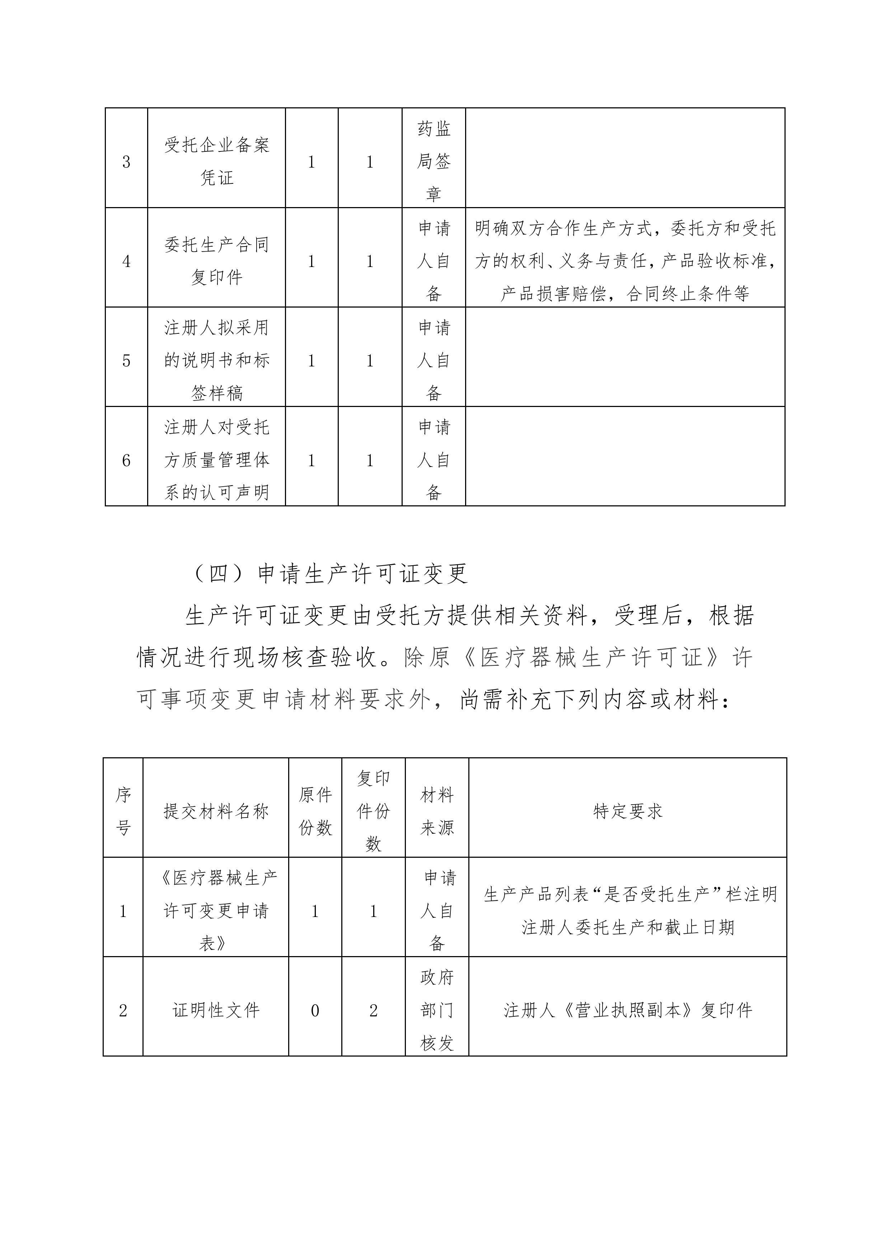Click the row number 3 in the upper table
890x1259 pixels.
pyautogui.click(x=126, y=162)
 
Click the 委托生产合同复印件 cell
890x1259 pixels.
pyautogui.click(x=217, y=261)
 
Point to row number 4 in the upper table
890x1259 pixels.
pyautogui.click(x=126, y=261)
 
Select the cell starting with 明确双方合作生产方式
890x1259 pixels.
pyautogui.click(x=625, y=261)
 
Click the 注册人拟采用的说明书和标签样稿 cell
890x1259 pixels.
pyautogui.click(x=217, y=360)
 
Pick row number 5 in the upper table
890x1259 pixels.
pyautogui.click(x=126, y=361)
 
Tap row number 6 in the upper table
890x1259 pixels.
pyautogui.click(x=126, y=460)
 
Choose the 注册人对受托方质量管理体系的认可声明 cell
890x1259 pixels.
pyautogui.click(x=217, y=460)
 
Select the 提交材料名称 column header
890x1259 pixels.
pyautogui.click(x=216, y=811)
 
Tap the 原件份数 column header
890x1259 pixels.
pyautogui.click(x=315, y=811)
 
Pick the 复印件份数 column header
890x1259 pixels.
pyautogui.click(x=374, y=811)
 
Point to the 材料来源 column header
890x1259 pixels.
pyautogui.click(x=437, y=811)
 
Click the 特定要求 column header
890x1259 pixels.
pyautogui.click(x=628, y=811)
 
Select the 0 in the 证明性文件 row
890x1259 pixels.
pyautogui.click(x=315, y=1011)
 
